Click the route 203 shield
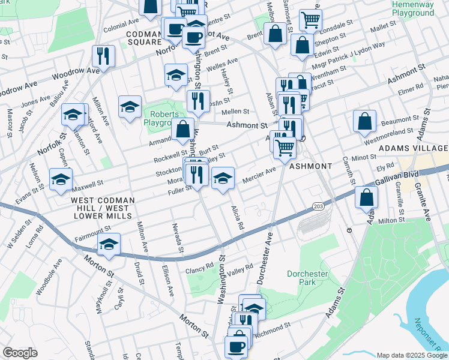click(318, 206)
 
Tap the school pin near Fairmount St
click(109, 244)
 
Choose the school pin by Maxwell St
click(61, 179)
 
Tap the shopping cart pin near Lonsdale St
click(310, 20)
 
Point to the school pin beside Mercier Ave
click(222, 178)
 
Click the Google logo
click(20, 353)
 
